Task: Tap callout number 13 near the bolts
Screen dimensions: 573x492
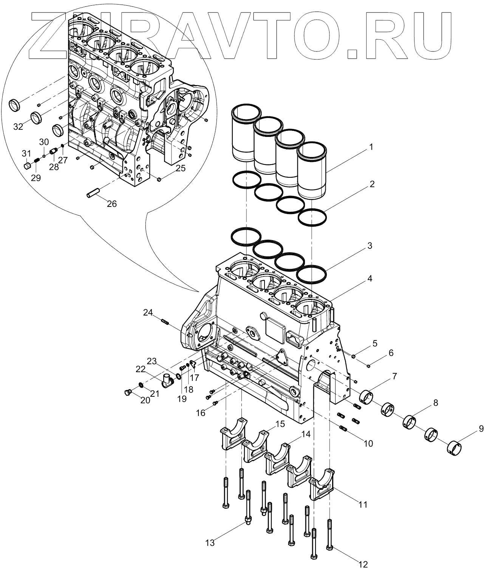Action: [210, 543]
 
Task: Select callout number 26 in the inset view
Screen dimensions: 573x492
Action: [111, 204]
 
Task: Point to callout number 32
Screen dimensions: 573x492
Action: [18, 127]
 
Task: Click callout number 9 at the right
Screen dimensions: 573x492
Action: [481, 429]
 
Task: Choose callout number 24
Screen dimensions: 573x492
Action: [148, 312]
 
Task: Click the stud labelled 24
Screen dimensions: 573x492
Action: [164, 322]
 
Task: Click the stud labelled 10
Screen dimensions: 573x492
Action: [343, 429]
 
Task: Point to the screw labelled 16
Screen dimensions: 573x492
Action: [215, 403]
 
